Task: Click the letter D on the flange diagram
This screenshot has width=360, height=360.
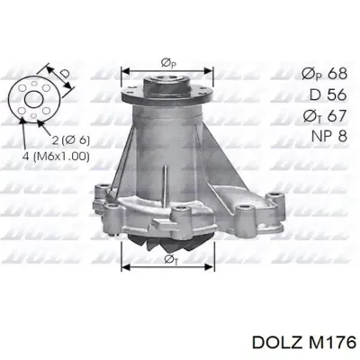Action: [x=64, y=74]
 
